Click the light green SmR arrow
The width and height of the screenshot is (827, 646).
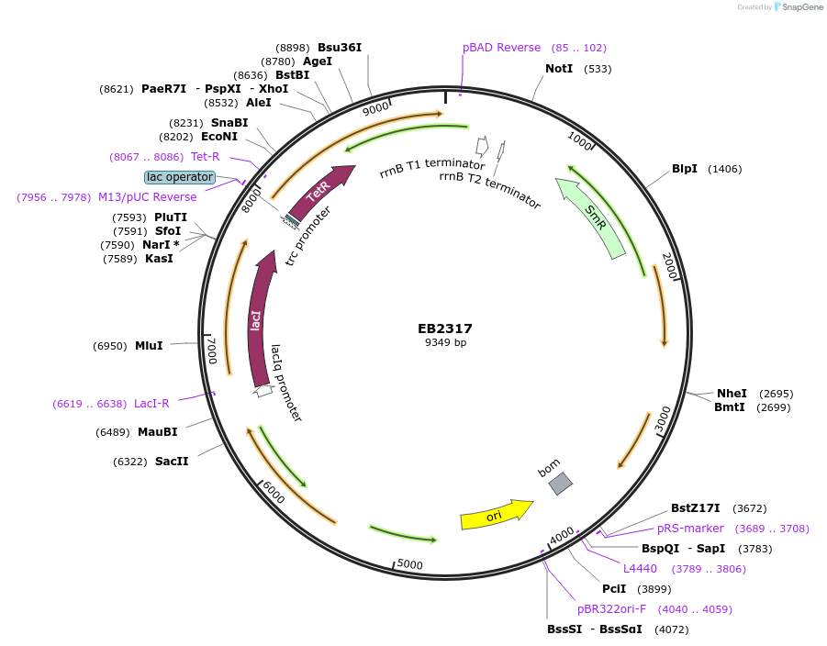click(595, 217)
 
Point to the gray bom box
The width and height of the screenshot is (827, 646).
click(560, 483)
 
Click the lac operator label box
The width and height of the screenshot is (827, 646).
click(180, 177)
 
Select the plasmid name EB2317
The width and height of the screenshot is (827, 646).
click(445, 329)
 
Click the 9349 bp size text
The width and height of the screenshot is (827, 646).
click(445, 342)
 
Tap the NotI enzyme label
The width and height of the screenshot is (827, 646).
click(559, 69)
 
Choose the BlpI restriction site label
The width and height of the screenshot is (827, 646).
click(685, 169)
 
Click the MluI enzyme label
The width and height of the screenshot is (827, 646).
click(149, 346)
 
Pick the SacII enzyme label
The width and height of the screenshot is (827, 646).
click(172, 462)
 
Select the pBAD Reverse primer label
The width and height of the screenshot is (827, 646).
click(501, 48)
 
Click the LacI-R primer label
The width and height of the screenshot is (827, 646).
click(151, 404)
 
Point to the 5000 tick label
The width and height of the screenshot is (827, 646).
click(409, 564)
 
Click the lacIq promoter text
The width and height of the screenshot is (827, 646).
click(286, 383)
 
